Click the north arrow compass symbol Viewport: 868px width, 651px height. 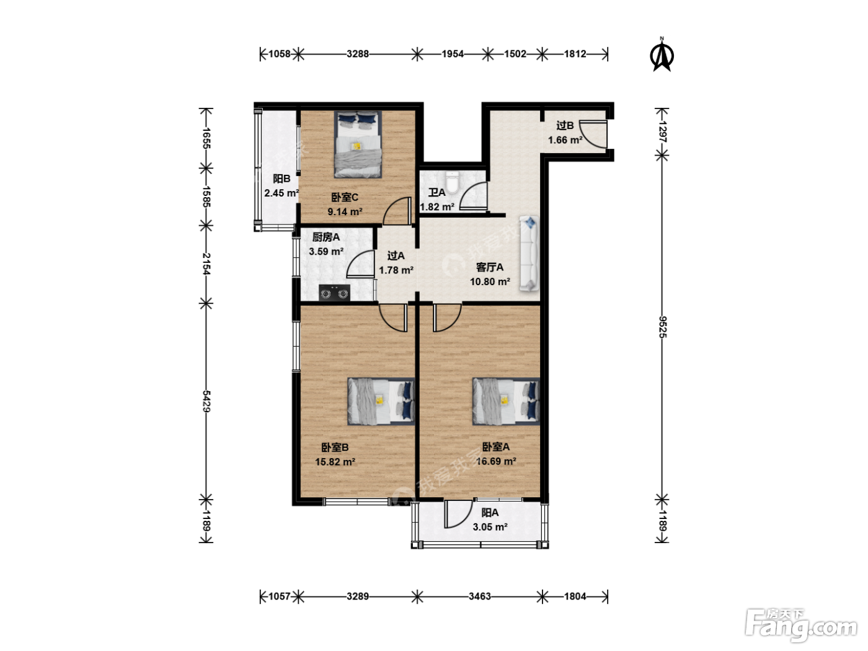(x=662, y=55)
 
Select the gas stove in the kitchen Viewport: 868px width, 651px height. (x=334, y=293)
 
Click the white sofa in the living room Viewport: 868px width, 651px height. (x=529, y=254)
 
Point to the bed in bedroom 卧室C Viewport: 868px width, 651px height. (x=358, y=144)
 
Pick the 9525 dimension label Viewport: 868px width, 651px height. (x=663, y=327)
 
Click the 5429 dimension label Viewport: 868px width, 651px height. (x=206, y=401)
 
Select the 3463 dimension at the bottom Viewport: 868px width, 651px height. (x=480, y=596)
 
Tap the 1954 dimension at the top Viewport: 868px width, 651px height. (x=453, y=54)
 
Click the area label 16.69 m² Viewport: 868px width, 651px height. (x=496, y=461)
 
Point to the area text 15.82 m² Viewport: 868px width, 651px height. (x=335, y=462)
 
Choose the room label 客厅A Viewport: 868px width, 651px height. (x=490, y=268)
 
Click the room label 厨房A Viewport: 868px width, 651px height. (x=326, y=237)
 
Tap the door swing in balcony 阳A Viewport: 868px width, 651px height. (x=458, y=514)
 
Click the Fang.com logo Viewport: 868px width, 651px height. (x=801, y=625)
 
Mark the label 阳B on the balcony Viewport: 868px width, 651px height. (x=281, y=179)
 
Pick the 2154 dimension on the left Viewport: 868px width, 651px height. (x=206, y=264)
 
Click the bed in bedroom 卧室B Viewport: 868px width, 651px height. (x=381, y=402)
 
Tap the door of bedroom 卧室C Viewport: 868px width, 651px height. (x=396, y=211)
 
